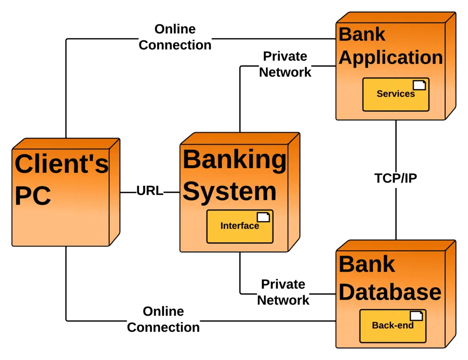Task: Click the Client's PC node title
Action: pos(62,179)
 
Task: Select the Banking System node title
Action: pos(234,175)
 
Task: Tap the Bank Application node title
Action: pos(390,46)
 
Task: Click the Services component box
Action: pos(396,95)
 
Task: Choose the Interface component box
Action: pos(239,226)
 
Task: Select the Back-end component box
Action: pos(393,326)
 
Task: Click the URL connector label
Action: pos(150,191)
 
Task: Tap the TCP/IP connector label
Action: pos(396,179)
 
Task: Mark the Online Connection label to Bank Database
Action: pos(164,320)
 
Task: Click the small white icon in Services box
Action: pos(419,85)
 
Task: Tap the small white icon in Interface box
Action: pos(263,217)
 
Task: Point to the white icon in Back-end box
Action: pos(416,316)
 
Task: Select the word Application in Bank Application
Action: pos(391,58)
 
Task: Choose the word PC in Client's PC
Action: pos(32,196)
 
